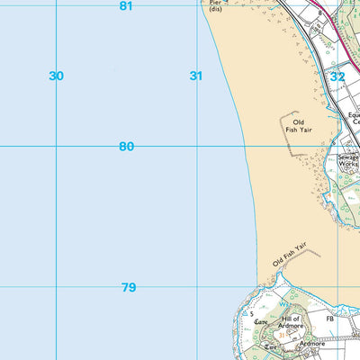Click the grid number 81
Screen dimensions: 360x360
pos(126,6)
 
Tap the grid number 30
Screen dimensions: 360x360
pos(57,76)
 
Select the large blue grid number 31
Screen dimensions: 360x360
pos(196,76)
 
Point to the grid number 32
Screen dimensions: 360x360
pos(337,77)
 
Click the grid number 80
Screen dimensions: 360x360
pos(126,147)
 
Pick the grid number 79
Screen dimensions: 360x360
pos(129,288)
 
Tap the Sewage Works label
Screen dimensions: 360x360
pos(348,161)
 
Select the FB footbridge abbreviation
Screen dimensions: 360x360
pos(330,319)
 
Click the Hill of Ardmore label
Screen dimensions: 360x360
pos(290,323)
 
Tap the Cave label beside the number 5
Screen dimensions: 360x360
pos(261,321)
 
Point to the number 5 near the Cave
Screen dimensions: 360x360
pos(252,313)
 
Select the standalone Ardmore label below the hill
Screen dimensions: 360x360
pos(311,343)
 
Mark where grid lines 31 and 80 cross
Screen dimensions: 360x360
pos(196,145)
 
